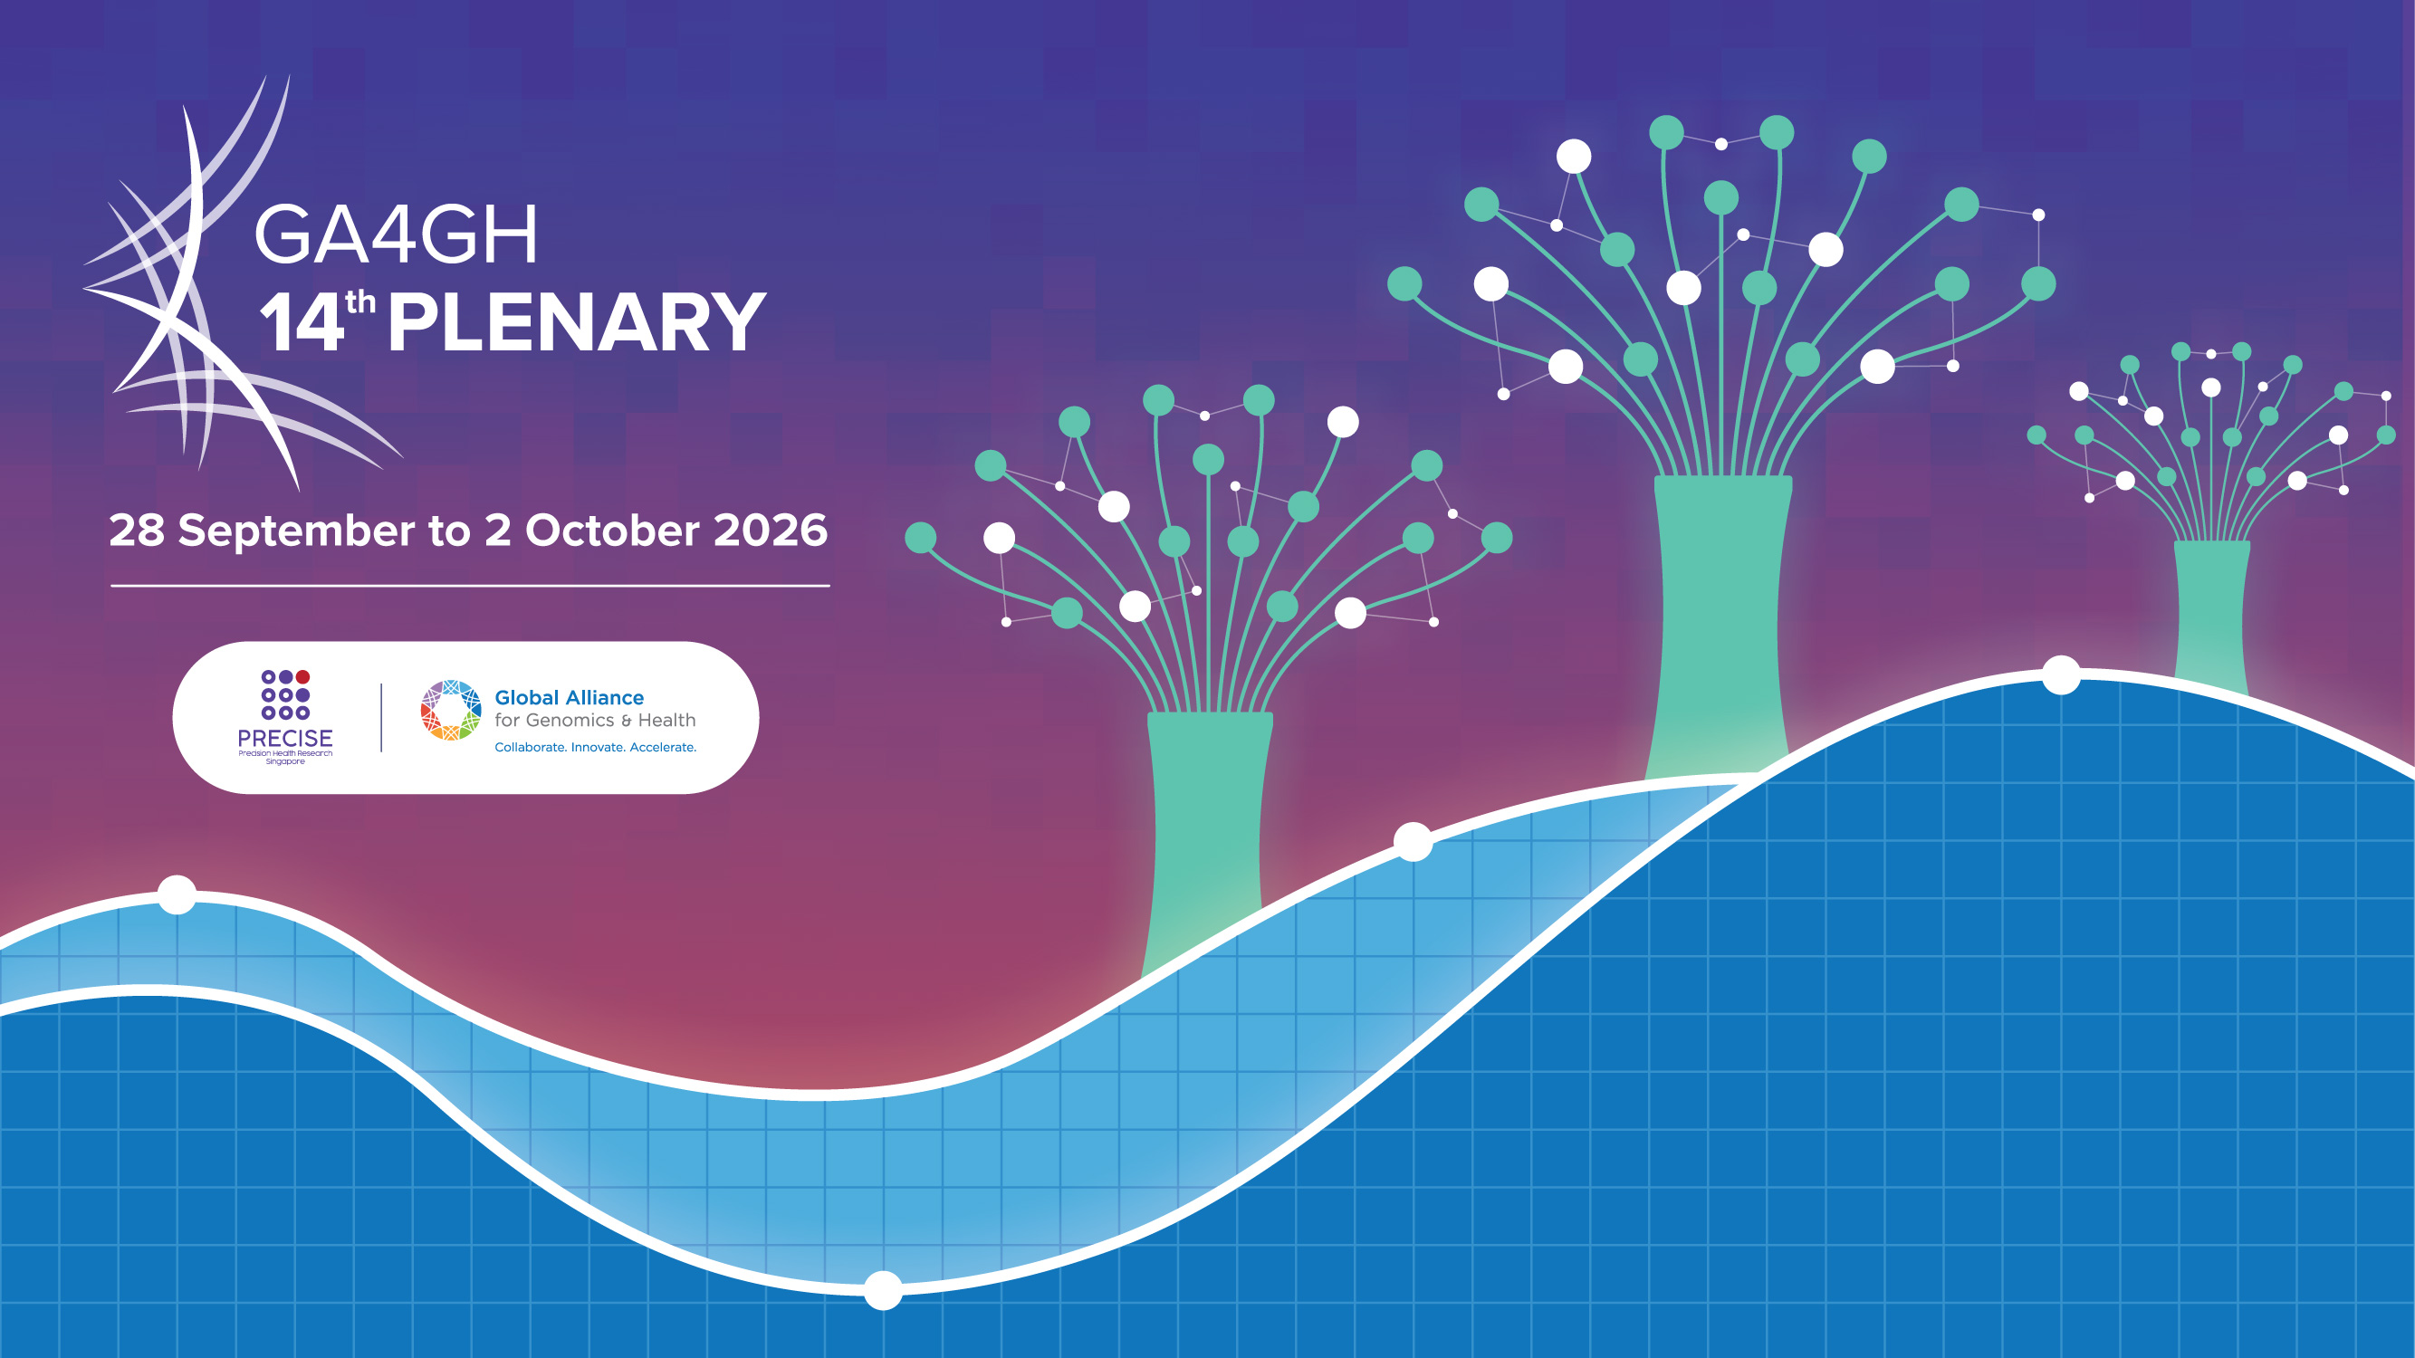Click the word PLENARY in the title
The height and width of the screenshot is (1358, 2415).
[577, 321]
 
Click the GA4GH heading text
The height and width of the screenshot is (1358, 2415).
[396, 234]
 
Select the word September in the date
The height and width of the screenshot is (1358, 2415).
[296, 531]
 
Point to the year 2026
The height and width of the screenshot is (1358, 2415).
[771, 531]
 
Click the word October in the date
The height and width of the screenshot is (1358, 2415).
[612, 531]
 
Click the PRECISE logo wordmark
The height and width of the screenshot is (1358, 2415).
[285, 739]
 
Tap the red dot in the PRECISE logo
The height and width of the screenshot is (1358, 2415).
[302, 676]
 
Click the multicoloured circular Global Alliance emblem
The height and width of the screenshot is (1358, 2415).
[451, 711]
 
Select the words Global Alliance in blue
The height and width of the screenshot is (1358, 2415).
[569, 697]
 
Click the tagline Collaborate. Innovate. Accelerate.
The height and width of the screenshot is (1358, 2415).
[595, 747]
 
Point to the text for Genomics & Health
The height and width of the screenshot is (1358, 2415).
[595, 721]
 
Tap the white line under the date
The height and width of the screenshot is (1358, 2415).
[471, 586]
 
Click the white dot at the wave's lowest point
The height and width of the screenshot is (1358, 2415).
[882, 1290]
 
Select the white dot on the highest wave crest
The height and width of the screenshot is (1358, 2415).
[2062, 674]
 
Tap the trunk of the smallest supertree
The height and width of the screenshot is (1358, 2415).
[2210, 614]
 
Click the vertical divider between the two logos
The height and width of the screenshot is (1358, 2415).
[381, 718]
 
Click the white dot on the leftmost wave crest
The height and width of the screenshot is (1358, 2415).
[177, 894]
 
